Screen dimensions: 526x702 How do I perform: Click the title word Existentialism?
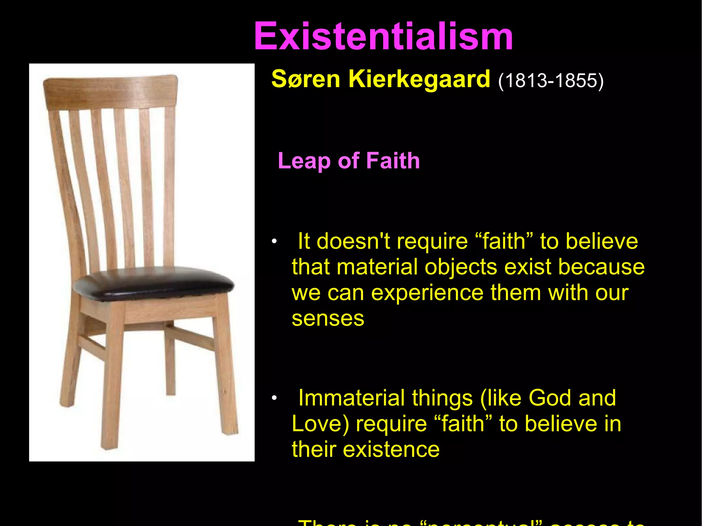(x=383, y=36)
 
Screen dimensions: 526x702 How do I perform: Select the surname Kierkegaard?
(x=419, y=79)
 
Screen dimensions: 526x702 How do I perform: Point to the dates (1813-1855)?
(x=550, y=81)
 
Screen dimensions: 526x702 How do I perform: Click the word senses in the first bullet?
(x=328, y=318)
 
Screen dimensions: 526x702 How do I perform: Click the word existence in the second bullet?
(x=391, y=450)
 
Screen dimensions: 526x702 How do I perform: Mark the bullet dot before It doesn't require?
(x=274, y=242)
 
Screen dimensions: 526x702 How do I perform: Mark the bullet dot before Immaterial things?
(x=274, y=398)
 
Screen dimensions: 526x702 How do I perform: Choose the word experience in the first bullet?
(x=427, y=293)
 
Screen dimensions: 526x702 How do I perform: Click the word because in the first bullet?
(x=601, y=267)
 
